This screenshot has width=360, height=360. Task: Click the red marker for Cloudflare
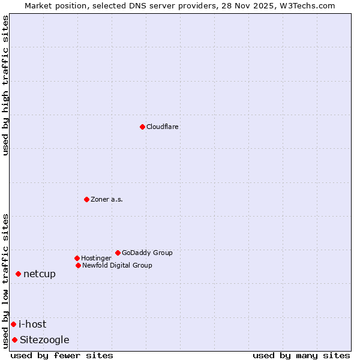pos(142,127)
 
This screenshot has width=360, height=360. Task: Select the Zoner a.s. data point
pos(86,199)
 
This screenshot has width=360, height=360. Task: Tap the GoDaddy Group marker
pos(118,253)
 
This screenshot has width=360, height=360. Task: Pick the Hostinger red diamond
pos(77,258)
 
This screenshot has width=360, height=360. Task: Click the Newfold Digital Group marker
pos(78,265)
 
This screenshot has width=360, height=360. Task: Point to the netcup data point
pos(18,274)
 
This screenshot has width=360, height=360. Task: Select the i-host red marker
pos(13,325)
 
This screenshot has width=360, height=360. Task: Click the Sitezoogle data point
pos(14,340)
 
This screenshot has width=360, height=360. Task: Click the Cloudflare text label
pos(163,127)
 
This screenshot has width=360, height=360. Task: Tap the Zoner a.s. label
pos(107,199)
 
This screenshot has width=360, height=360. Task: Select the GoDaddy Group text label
pos(147,253)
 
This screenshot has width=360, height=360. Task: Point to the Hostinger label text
pos(96,258)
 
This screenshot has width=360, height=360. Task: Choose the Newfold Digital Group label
pos(117,265)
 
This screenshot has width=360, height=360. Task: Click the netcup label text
pos(40,274)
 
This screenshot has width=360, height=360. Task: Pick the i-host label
pos(32,325)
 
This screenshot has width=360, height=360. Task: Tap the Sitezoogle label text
pos(44,340)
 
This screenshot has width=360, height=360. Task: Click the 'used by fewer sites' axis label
pos(62,355)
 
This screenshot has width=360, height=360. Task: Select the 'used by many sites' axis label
pos(301,355)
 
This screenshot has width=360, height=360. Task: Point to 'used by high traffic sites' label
pos(6,85)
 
